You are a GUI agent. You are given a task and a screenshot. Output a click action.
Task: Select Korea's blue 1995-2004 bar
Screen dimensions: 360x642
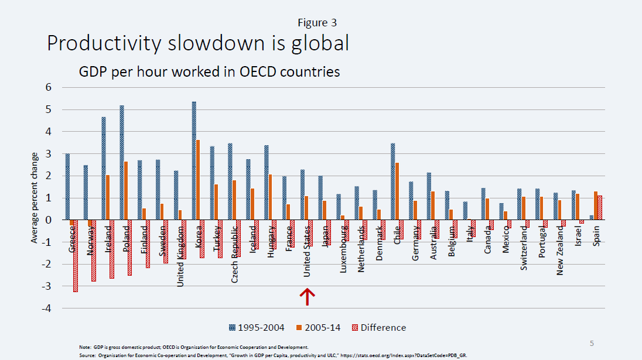click(194, 161)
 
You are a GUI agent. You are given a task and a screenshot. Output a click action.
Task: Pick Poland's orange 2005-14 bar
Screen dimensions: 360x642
click(126, 191)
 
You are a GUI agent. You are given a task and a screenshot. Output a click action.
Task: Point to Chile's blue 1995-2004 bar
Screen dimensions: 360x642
click(392, 181)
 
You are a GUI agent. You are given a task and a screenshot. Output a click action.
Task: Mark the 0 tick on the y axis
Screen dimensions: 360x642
click(49, 220)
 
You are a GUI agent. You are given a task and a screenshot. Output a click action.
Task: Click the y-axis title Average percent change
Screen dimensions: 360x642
click(35, 198)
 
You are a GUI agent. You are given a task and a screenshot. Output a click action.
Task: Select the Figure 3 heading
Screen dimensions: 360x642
click(317, 23)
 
